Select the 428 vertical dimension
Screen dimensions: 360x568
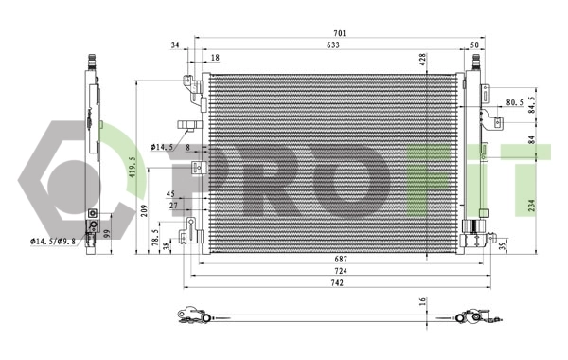point(423,58)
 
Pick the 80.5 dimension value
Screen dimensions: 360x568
point(514,102)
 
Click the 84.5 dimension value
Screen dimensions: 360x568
point(532,102)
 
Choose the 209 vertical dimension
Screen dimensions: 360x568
point(144,210)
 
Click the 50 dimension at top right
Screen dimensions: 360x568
point(474,45)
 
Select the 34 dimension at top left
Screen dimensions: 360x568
point(175,45)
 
